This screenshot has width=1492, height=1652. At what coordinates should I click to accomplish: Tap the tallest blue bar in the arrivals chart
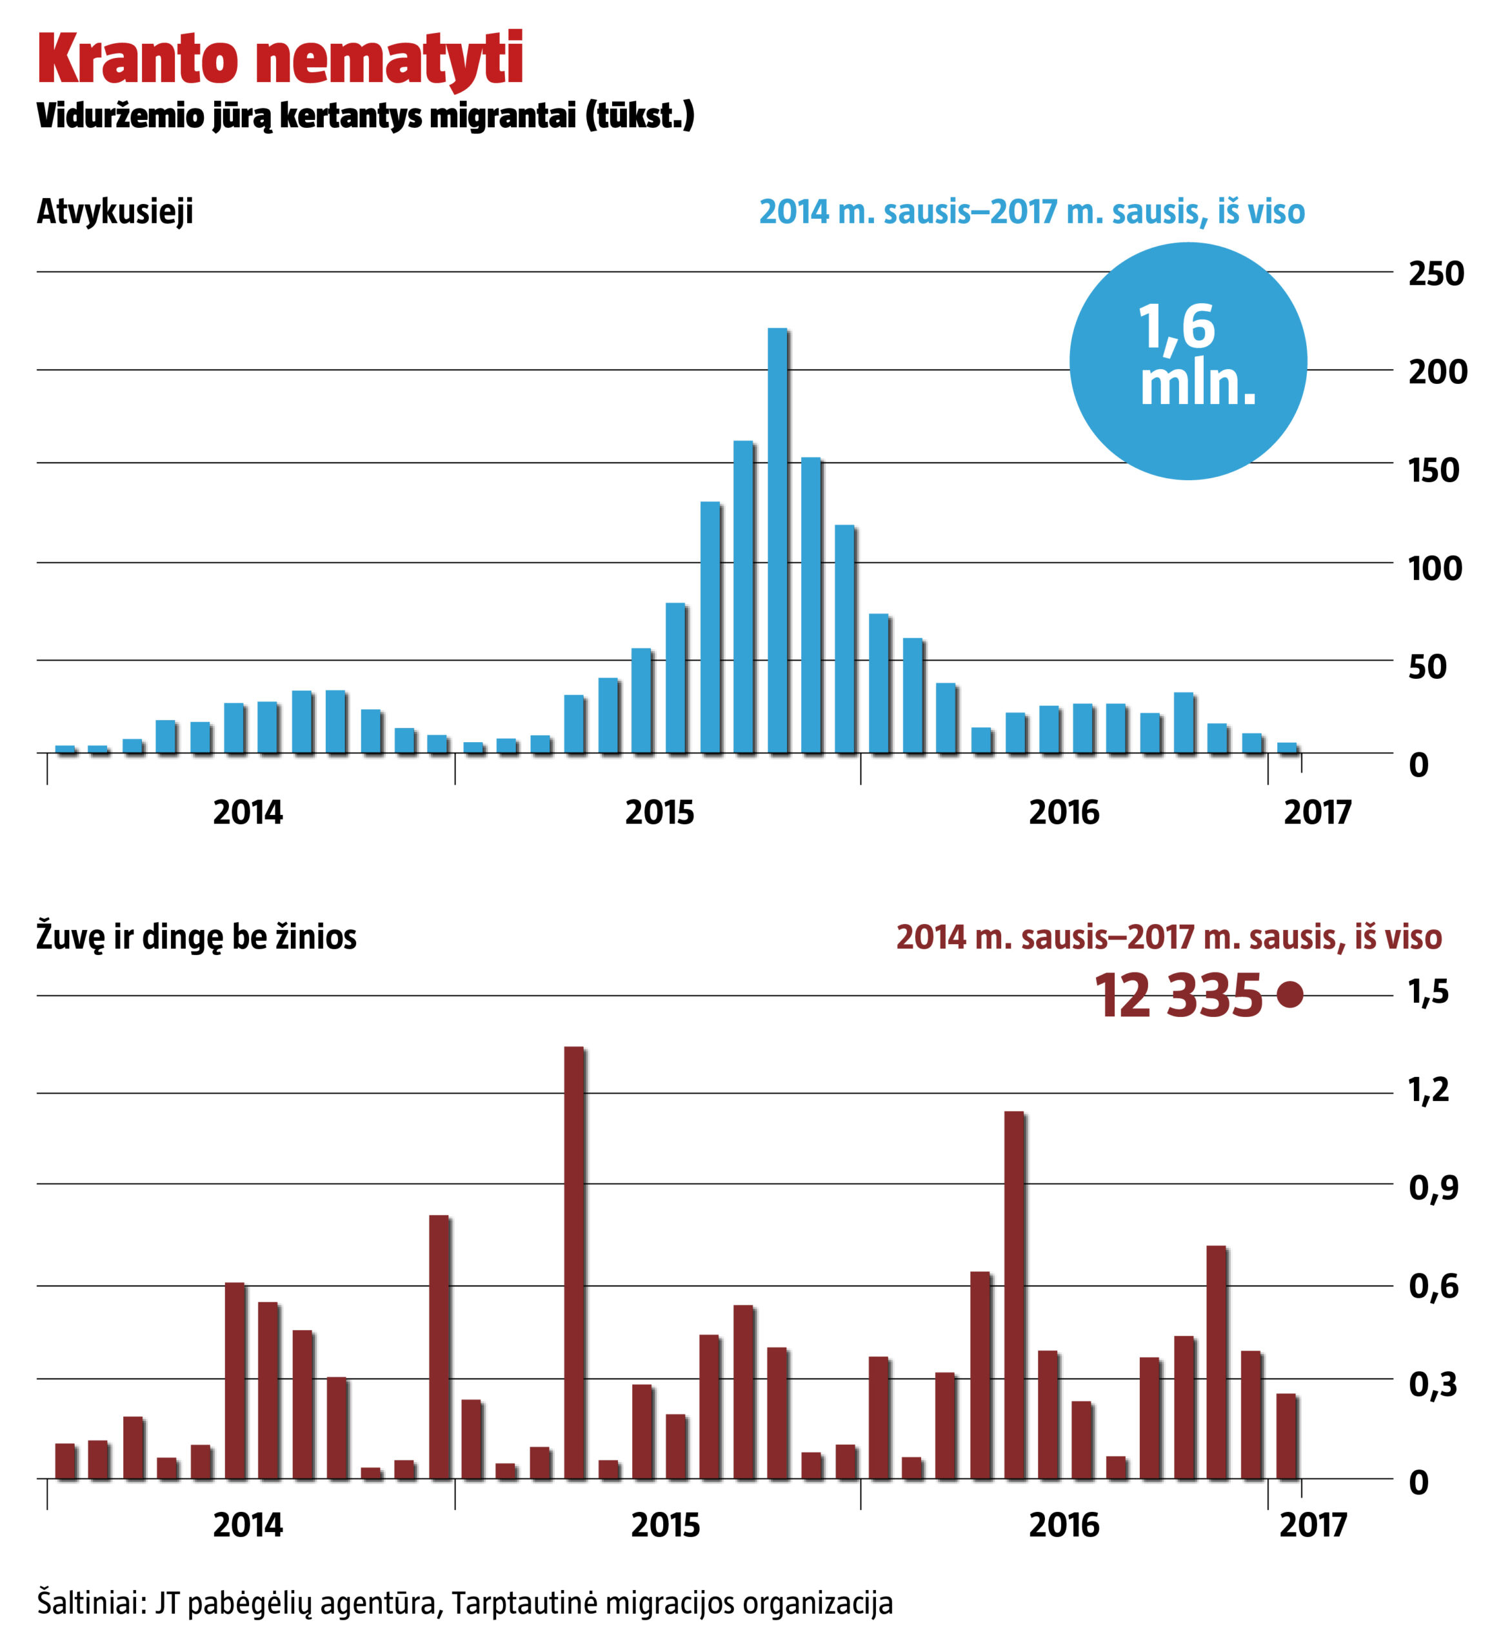tap(777, 541)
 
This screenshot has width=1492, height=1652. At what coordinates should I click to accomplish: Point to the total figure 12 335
tap(1179, 996)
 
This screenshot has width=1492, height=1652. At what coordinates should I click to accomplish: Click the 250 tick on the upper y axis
tap(1435, 274)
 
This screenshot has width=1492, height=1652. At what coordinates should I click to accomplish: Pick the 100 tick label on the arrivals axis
tap(1435, 569)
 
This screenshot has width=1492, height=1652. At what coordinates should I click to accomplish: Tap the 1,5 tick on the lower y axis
tap(1427, 992)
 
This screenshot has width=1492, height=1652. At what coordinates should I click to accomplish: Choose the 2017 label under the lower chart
tap(1313, 1525)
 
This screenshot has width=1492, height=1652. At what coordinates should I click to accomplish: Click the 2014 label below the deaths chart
tap(248, 1525)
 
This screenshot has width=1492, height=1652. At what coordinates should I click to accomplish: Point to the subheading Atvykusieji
tap(115, 212)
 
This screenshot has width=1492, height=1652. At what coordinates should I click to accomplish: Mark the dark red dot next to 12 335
tap(1289, 995)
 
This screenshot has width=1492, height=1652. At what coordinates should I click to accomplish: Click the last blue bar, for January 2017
tap(1287, 747)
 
